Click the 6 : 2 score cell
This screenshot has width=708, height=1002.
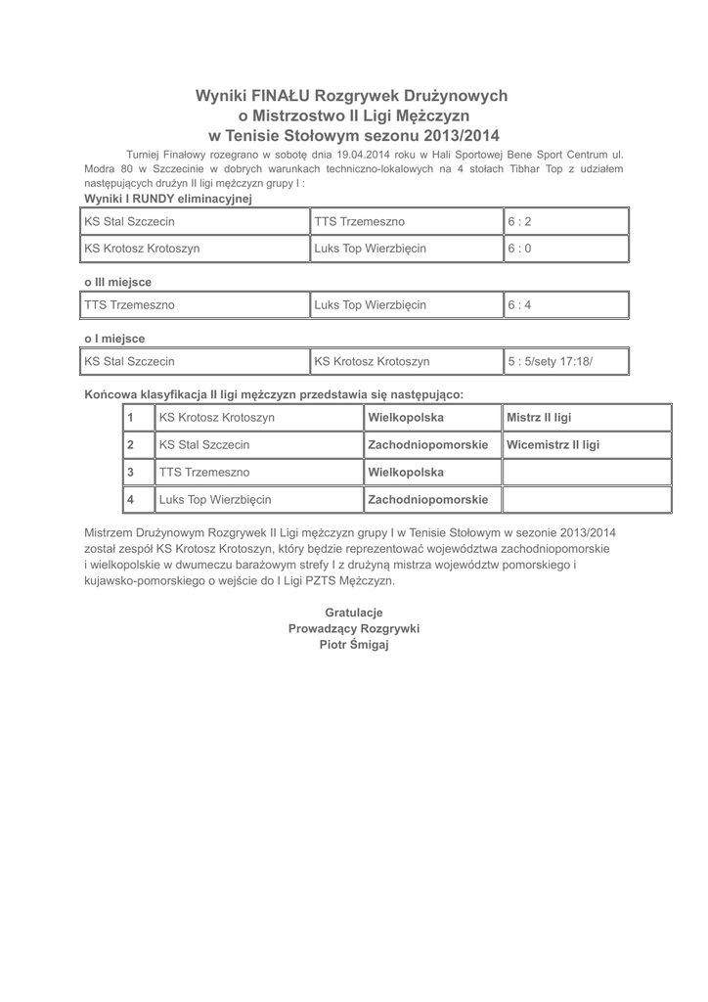pos(519,222)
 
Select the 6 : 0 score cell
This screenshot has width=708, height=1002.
pos(519,249)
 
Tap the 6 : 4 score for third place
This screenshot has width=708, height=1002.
pos(519,305)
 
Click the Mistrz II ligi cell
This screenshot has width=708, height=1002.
pos(538,418)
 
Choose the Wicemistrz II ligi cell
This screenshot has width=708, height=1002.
pos(553,445)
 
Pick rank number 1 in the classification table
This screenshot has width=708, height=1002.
pos(130,418)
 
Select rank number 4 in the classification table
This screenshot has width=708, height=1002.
pos(130,500)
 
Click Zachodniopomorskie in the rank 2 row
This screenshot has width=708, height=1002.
pos(427,445)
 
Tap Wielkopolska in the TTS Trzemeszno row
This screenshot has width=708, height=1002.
pos(405,473)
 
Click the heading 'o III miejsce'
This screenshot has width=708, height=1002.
pos(117,282)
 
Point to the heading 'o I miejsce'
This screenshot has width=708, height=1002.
pos(114,339)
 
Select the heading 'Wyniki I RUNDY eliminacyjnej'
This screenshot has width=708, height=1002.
pos(168,199)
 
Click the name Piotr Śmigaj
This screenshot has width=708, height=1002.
pos(354,645)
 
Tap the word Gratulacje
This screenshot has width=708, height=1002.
pos(354,613)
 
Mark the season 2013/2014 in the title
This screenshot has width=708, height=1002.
pos(460,135)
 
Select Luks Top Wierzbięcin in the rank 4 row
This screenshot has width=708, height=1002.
pos(215,500)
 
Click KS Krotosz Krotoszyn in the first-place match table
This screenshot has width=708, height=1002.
pos(372,362)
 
